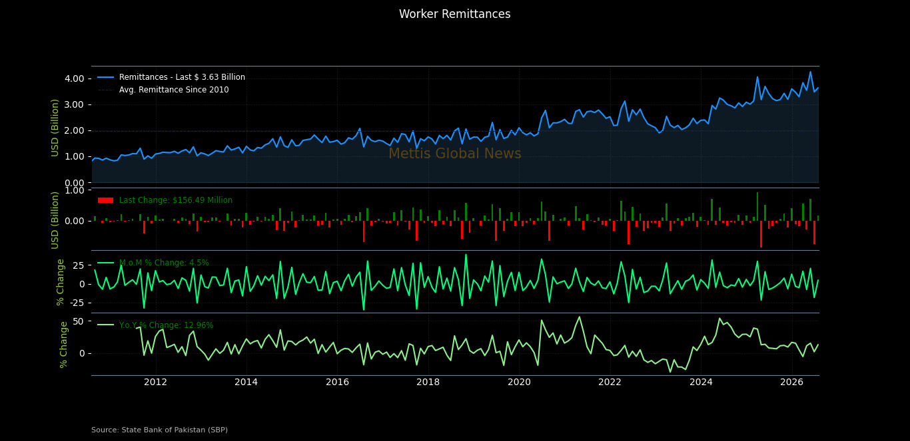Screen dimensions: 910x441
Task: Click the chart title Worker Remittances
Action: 454,14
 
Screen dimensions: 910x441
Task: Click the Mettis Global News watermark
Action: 454,154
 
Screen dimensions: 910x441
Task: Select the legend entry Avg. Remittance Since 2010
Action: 174,90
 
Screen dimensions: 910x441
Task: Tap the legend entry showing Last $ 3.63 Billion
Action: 182,77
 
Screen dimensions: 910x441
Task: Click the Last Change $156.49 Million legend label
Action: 175,200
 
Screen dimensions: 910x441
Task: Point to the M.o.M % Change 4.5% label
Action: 164,263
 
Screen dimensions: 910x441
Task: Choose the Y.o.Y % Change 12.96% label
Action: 166,325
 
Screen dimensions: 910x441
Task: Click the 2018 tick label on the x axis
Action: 428,382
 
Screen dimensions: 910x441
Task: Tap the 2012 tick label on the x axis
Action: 156,382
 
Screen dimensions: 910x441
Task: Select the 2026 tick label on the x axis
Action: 792,382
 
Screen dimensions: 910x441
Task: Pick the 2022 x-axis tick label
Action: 610,382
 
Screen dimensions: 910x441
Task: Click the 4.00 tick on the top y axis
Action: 75,78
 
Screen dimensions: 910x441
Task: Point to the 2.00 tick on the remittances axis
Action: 75,130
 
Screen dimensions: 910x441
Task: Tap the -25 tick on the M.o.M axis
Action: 77,303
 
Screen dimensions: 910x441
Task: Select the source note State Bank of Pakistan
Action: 159,430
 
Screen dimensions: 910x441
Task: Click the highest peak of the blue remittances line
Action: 810,72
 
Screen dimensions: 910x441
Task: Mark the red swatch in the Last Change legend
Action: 106,200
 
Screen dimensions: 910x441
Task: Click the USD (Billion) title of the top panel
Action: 55,128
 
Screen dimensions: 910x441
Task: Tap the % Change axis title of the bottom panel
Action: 63,345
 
